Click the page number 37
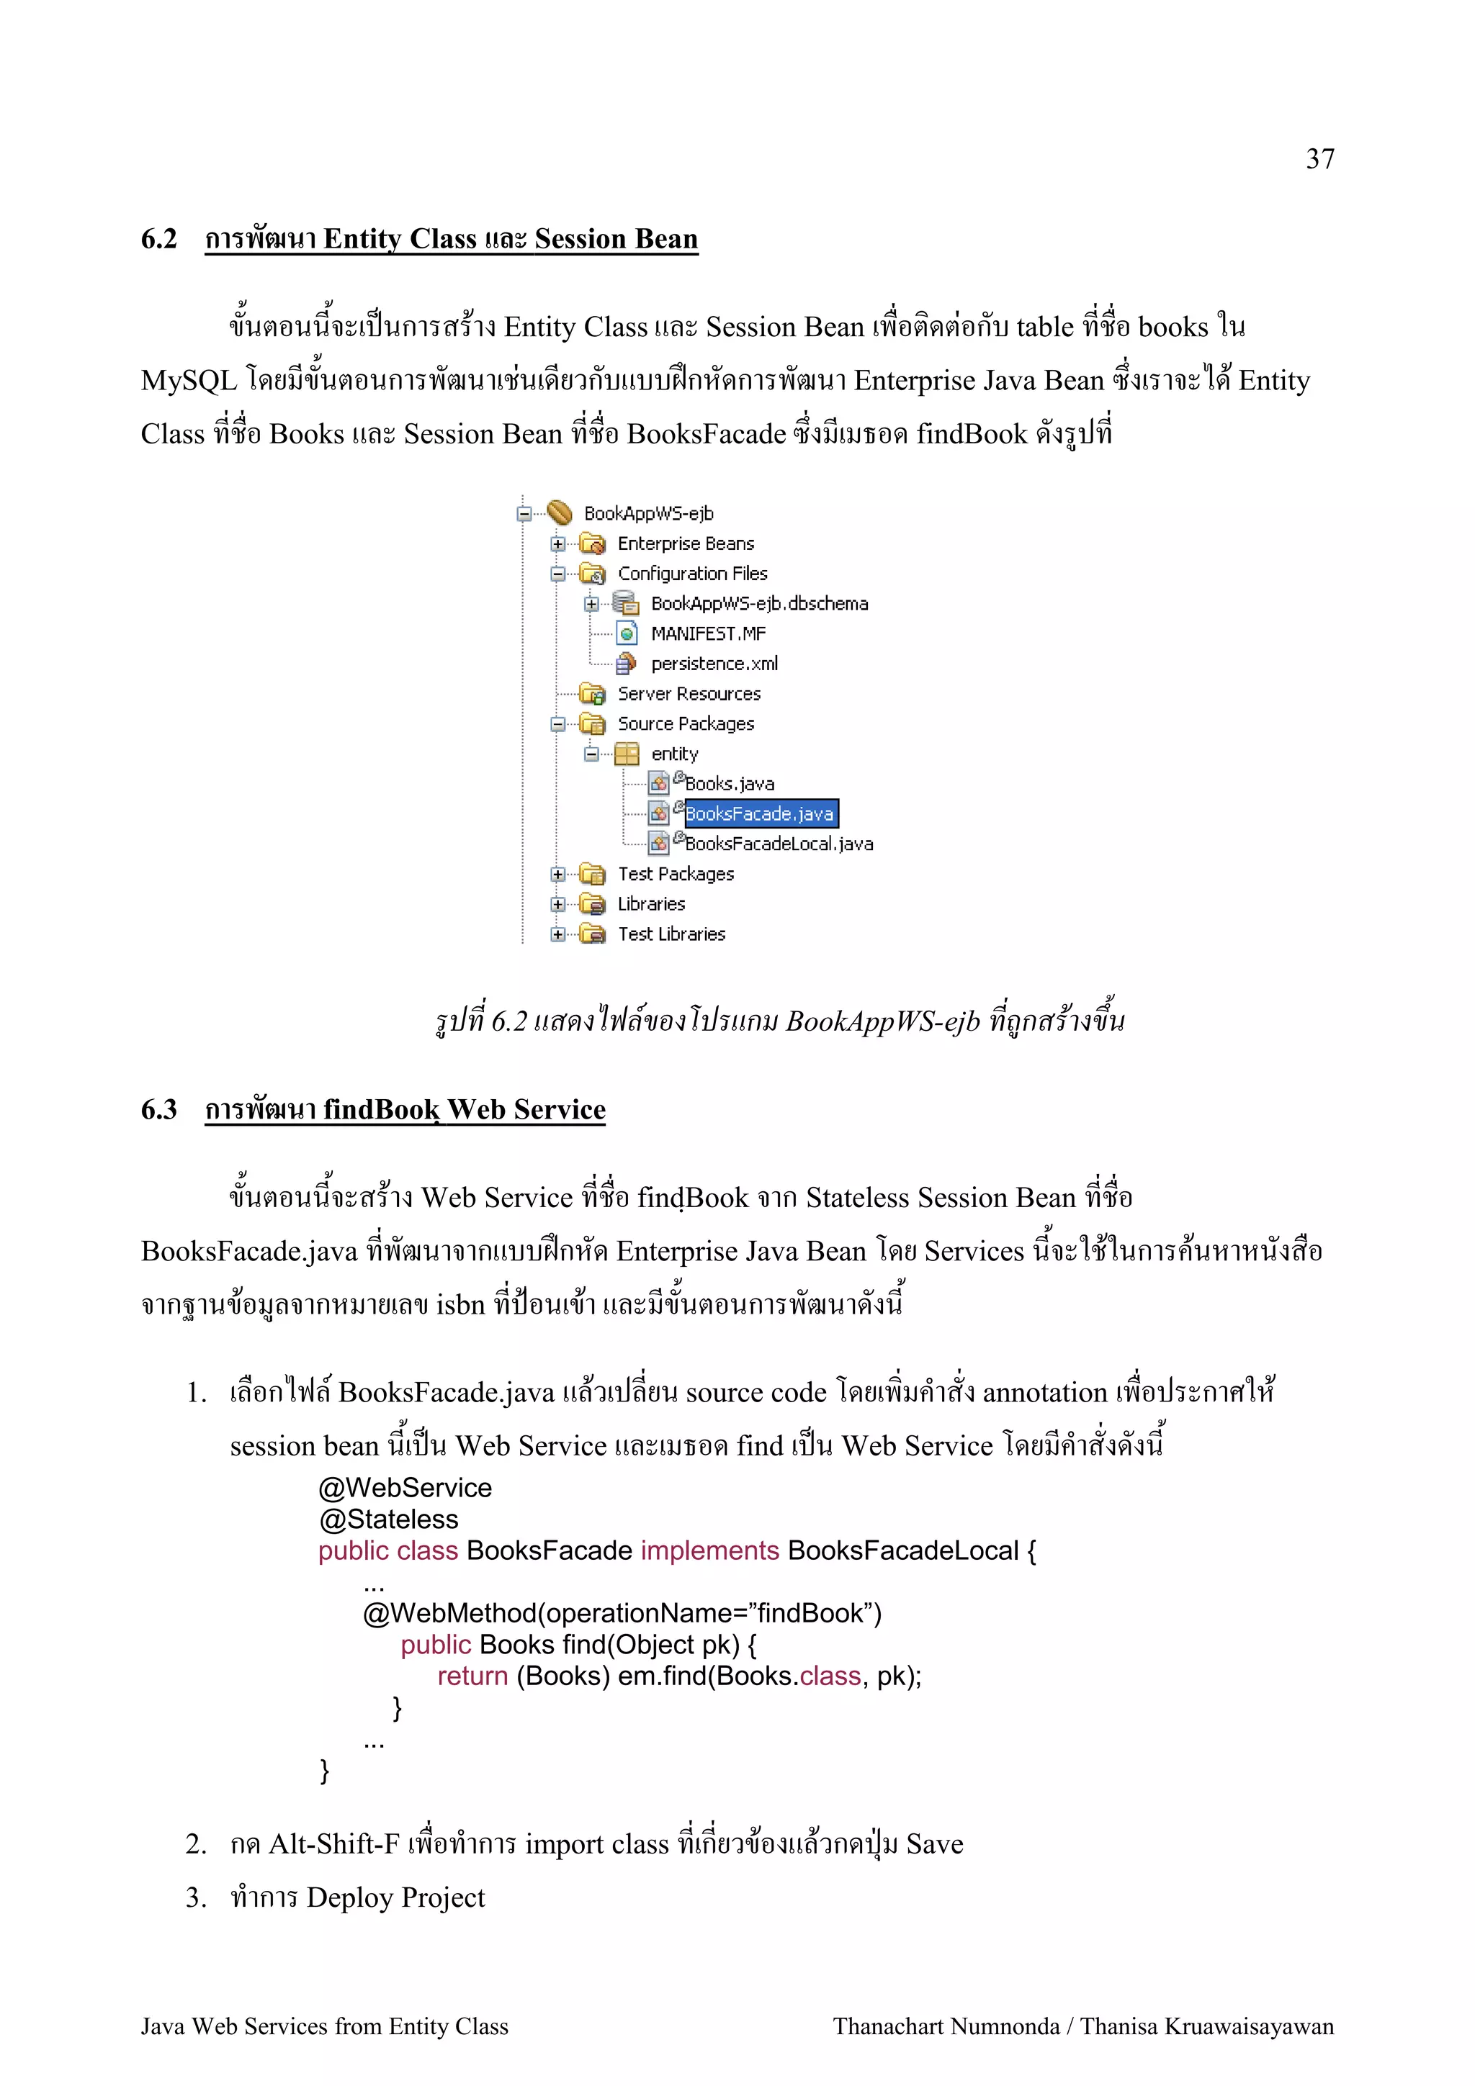(1319, 159)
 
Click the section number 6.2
(159, 239)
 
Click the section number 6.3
(159, 1109)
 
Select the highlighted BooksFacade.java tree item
(760, 814)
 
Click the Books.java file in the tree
(729, 784)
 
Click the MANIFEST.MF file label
(708, 634)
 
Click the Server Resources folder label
(689, 694)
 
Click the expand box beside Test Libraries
(557, 934)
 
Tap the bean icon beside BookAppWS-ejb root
(560, 513)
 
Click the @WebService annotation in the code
(405, 1487)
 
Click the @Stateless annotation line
(388, 1519)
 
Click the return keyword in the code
(472, 1675)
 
